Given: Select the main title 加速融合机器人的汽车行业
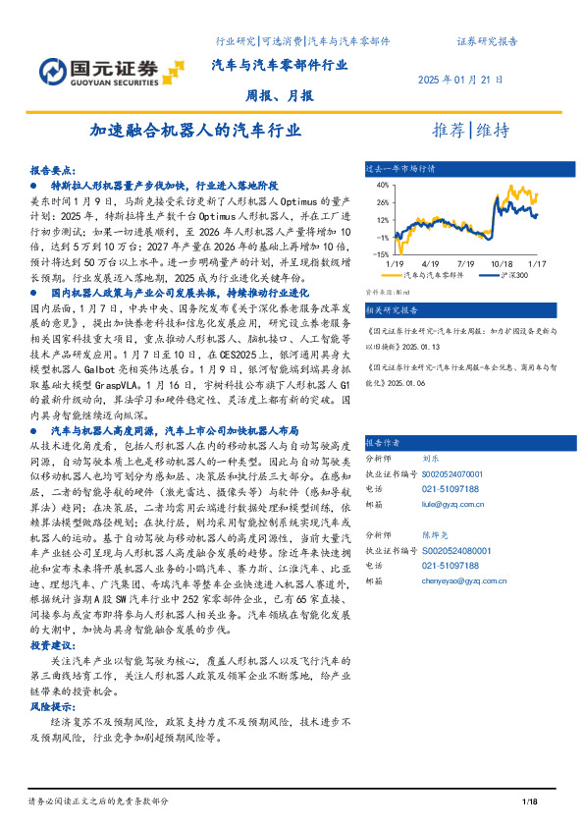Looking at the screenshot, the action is click(196, 130).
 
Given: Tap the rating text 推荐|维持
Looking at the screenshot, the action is click(471, 130).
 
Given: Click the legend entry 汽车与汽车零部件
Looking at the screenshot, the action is click(427, 277).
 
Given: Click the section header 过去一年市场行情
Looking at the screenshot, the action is click(398, 169).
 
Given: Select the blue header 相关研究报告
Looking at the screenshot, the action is click(392, 309).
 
